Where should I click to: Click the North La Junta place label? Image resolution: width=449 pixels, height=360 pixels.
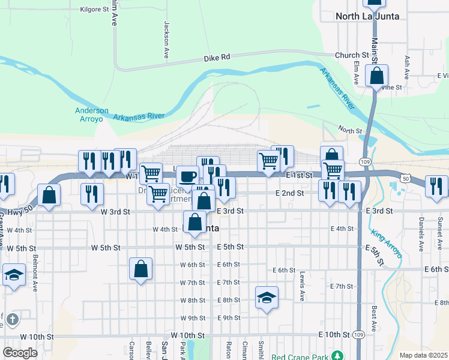(x=368, y=16)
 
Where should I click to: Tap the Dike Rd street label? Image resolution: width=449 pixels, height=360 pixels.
(x=217, y=58)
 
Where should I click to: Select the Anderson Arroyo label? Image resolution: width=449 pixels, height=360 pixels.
(x=92, y=115)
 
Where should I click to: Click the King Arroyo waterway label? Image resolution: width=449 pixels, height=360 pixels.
(x=385, y=244)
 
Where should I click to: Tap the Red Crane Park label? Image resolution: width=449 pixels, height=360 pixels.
(x=301, y=357)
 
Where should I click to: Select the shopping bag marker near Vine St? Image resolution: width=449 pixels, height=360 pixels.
(x=377, y=76)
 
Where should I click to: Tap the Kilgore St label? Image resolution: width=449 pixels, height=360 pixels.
(x=94, y=10)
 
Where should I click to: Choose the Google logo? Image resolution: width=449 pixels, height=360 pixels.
(x=20, y=353)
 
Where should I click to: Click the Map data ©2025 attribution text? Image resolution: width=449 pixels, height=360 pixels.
(x=423, y=355)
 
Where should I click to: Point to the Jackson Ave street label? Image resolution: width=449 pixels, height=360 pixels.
(x=167, y=40)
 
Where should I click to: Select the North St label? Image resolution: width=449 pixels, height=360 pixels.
(x=350, y=130)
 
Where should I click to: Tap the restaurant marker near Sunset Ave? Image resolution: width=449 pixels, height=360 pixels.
(x=436, y=185)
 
